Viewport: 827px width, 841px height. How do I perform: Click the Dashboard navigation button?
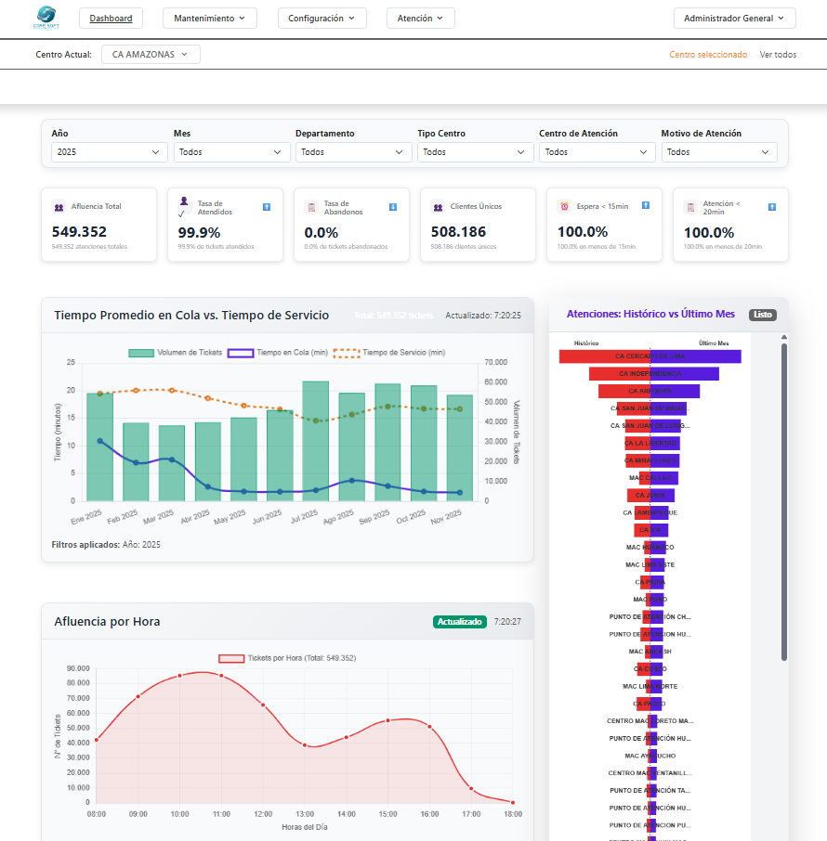111,18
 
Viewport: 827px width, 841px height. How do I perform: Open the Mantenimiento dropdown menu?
209,18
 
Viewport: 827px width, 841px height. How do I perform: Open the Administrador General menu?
734,18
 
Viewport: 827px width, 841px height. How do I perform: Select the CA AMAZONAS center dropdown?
151,55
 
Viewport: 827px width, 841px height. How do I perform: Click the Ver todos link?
778,55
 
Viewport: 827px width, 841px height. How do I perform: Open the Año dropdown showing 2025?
109,152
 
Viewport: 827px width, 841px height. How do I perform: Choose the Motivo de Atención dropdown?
718,152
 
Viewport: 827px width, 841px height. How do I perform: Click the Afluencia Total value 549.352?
80,232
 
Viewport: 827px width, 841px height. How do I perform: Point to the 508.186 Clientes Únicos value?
458,232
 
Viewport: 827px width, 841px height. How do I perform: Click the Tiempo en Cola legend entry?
279,353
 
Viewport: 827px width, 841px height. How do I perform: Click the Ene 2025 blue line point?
99,441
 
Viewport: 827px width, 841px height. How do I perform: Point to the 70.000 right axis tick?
496,362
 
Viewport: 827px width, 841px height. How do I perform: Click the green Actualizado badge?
460,621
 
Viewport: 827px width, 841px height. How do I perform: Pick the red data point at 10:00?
179,677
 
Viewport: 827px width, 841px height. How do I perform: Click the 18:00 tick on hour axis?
512,814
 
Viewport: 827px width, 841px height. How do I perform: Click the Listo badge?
762,315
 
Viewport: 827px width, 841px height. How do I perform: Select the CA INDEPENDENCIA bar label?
650,373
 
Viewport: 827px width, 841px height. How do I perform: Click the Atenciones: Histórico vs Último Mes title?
650,315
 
